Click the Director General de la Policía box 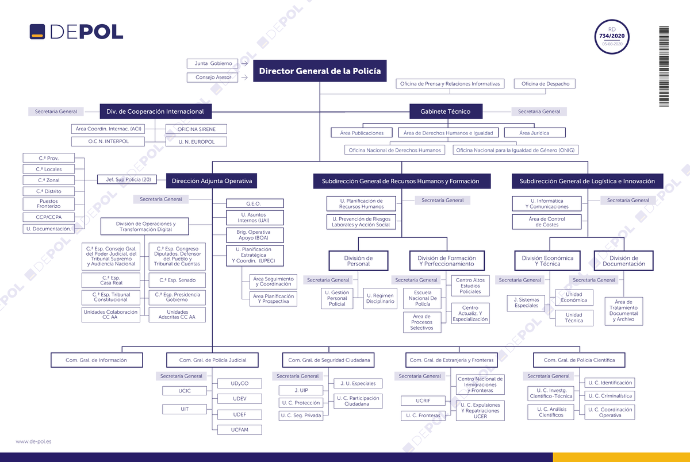(x=320, y=71)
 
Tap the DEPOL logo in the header (x=76, y=32)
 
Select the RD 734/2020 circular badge (x=612, y=37)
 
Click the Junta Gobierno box (x=212, y=63)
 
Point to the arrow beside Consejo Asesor (x=244, y=77)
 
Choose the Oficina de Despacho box (x=545, y=84)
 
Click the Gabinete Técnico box (x=446, y=111)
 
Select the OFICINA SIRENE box (x=196, y=129)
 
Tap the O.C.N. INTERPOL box (x=108, y=141)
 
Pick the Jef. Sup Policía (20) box (x=127, y=179)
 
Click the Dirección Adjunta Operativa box (x=212, y=181)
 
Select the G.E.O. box (x=255, y=203)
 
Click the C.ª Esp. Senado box (x=177, y=280)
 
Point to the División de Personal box (x=359, y=261)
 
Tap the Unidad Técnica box (x=574, y=318)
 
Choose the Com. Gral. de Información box (x=97, y=360)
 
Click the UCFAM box (x=240, y=430)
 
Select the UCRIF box (x=423, y=401)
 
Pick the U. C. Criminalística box (x=610, y=396)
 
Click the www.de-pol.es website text (x=33, y=441)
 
